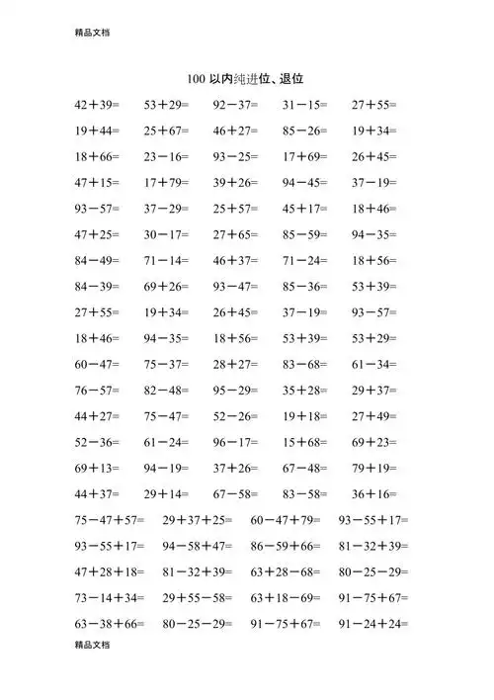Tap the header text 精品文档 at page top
[x=91, y=32]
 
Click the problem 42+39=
[x=96, y=104]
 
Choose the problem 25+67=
[x=166, y=130]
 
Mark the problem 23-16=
[x=166, y=156]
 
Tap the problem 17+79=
[x=166, y=182]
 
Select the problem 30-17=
[x=166, y=234]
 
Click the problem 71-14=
[x=166, y=260]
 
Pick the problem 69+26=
[x=166, y=287]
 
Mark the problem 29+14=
[x=166, y=493]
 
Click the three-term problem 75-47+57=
[x=109, y=520]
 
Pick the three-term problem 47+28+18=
[x=109, y=571]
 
